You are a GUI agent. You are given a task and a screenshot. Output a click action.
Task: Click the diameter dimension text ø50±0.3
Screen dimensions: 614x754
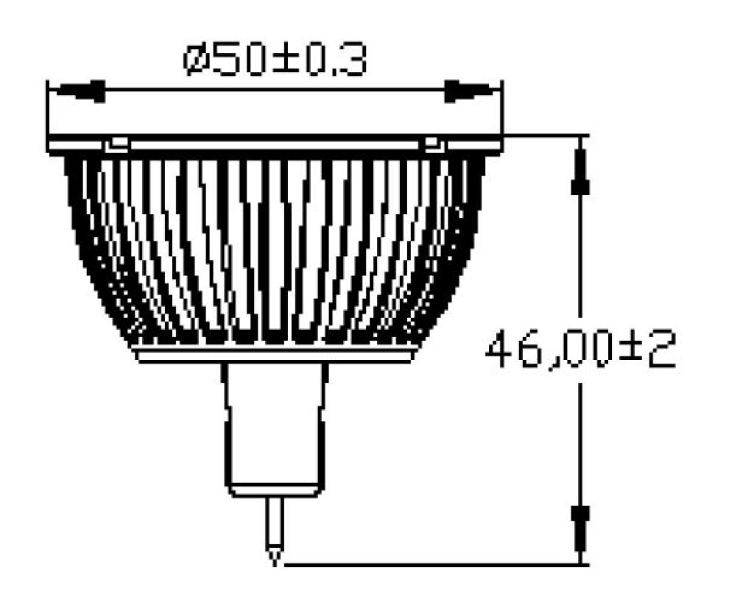point(275,60)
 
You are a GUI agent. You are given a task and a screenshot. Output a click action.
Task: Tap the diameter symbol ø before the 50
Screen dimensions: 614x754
point(197,60)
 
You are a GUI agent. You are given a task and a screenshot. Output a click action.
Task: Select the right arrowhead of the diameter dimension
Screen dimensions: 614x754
point(471,91)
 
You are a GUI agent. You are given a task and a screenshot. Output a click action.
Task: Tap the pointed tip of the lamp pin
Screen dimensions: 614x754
point(275,560)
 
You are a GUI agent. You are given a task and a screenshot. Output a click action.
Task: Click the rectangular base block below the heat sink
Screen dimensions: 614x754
point(275,427)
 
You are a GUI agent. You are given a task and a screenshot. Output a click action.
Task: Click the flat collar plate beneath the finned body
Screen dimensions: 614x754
point(275,356)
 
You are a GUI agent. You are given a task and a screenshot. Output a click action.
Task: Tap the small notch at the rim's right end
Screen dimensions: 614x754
point(432,144)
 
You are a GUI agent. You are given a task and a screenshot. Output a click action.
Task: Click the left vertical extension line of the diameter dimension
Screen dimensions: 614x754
point(48,110)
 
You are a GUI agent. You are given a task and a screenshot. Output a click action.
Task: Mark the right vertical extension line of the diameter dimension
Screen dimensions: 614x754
point(502,110)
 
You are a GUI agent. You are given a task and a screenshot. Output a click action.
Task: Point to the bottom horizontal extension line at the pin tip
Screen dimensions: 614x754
point(434,565)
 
